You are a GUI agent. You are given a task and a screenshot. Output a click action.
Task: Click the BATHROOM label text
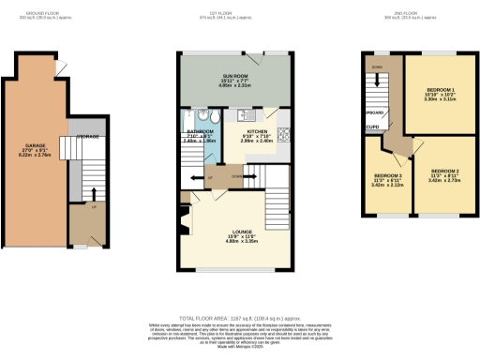[x=201, y=131]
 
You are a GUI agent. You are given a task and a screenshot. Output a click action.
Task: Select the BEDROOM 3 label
[x=387, y=175]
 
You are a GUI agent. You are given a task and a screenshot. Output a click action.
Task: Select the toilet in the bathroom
[x=213, y=116]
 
